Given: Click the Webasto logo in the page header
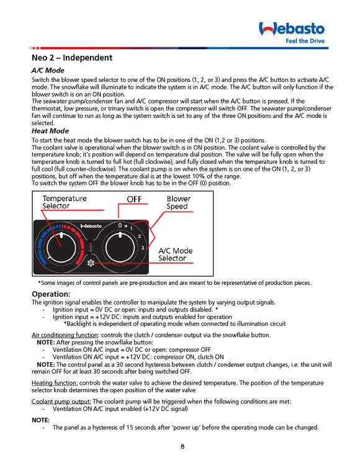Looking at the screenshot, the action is [292, 29].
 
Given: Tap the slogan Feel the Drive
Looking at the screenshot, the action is [305, 41].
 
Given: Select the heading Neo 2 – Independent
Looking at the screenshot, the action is [72, 58].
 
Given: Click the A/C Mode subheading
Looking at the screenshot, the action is [48, 71].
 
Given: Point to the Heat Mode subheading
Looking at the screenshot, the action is [50, 131].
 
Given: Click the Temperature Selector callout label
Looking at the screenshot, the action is [64, 202].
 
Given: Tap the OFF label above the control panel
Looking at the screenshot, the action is [134, 199].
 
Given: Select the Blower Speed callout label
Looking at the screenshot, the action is [178, 202].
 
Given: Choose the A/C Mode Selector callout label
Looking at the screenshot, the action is [176, 254].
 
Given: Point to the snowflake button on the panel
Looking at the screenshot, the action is [91, 263].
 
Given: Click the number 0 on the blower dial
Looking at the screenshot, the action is [120, 225].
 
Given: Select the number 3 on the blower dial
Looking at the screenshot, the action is [143, 248].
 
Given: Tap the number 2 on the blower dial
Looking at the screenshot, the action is [139, 236].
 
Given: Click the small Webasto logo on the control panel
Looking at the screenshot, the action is [91, 226].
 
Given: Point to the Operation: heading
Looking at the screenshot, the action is [51, 294].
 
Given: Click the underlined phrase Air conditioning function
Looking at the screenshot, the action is [65, 335].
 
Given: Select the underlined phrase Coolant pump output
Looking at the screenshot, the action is [61, 402].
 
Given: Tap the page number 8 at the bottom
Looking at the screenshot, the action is [182, 446].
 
